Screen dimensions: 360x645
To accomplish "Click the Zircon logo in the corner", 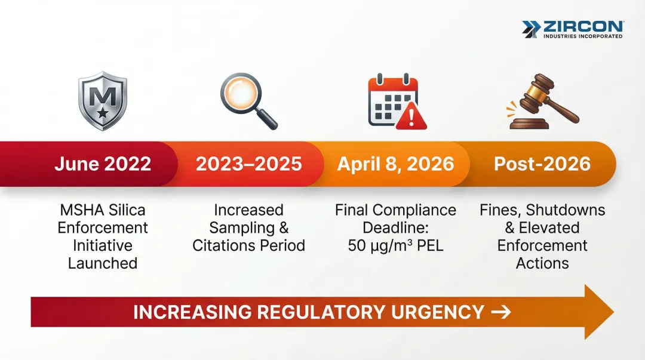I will tap(572, 29).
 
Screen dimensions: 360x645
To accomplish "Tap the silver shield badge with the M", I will tap(103, 101).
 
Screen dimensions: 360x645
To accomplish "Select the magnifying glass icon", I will tap(248, 100).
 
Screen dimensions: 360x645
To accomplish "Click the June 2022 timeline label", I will tap(103, 164).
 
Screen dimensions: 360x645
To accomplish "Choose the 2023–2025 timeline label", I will tap(248, 164).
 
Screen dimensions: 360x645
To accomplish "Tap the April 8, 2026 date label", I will tap(395, 164).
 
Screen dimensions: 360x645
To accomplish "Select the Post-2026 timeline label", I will tap(542, 164).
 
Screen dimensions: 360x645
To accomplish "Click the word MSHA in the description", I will tap(82, 210).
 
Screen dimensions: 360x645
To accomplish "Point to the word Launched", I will tap(103, 263).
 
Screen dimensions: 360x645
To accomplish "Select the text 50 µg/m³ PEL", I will tap(395, 245).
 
